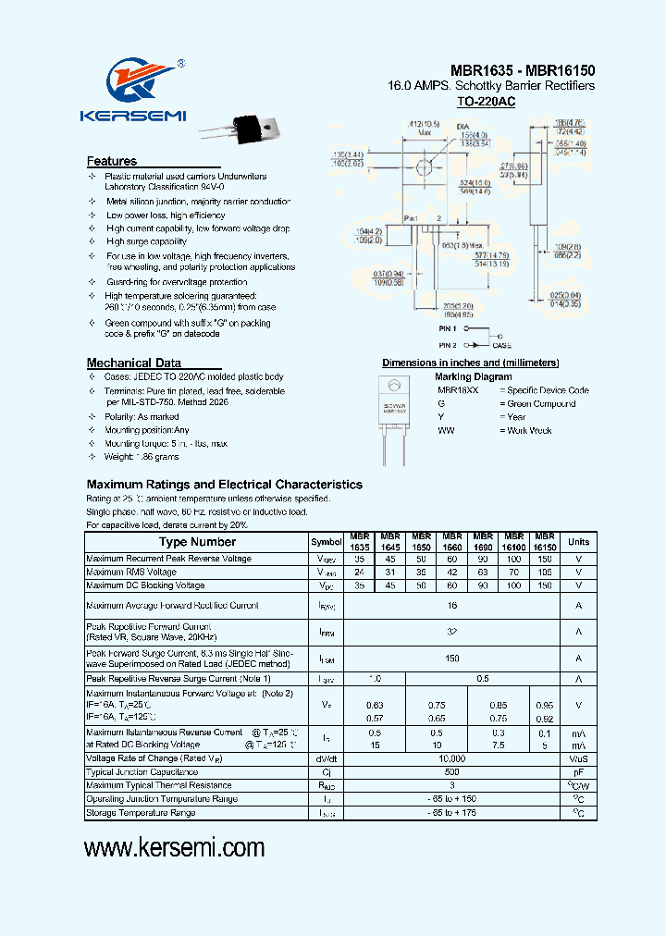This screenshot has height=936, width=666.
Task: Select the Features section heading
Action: (112, 161)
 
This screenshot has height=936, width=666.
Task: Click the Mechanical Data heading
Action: (133, 363)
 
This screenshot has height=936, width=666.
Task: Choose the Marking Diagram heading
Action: (473, 376)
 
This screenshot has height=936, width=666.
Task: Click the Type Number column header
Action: (197, 542)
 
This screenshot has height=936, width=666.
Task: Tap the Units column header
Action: (578, 542)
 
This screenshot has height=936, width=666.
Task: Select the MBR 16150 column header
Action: (544, 542)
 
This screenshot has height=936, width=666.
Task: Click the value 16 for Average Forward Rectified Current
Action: (451, 606)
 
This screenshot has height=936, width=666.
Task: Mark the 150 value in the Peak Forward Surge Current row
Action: (451, 659)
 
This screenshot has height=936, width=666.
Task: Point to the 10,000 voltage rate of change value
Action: (451, 758)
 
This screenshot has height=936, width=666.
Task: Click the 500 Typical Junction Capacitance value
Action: (451, 771)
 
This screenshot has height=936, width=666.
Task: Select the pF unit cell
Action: (578, 771)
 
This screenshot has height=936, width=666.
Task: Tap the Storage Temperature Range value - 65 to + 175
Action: (451, 812)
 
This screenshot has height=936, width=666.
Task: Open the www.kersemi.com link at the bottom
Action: (174, 848)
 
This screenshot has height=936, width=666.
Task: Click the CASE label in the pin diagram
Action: (502, 344)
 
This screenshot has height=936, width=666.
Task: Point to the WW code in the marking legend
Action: (446, 430)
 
